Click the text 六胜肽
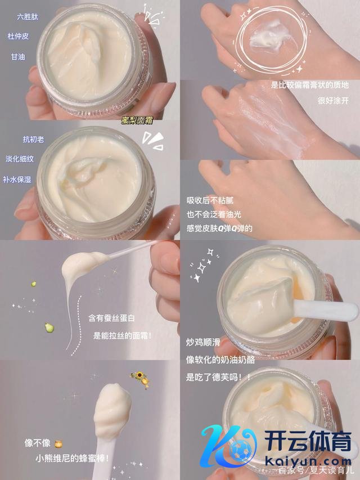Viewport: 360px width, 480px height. tap(28, 16)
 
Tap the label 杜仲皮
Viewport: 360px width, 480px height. tap(19, 37)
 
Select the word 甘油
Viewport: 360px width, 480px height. tap(18, 57)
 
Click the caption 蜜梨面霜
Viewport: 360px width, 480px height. tap(137, 120)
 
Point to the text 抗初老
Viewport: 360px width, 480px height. tap(33, 140)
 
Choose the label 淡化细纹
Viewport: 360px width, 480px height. tap(20, 159)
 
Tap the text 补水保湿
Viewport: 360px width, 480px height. tap(17, 180)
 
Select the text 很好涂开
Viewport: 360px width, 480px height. tap(333, 100)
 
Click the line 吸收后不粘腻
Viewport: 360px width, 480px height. tap(210, 200)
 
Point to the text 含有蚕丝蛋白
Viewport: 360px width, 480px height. tap(111, 318)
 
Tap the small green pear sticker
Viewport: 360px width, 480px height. tap(49, 328)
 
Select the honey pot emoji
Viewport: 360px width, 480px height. tap(58, 443)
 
